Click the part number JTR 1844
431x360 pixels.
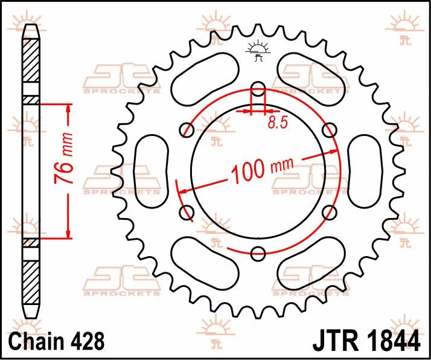(x=366, y=341)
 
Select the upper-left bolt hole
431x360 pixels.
(x=188, y=130)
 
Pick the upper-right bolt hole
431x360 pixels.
(x=329, y=130)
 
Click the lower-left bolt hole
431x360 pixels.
(x=188, y=211)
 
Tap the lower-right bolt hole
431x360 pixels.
(x=329, y=211)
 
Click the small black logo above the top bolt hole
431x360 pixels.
(x=258, y=52)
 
